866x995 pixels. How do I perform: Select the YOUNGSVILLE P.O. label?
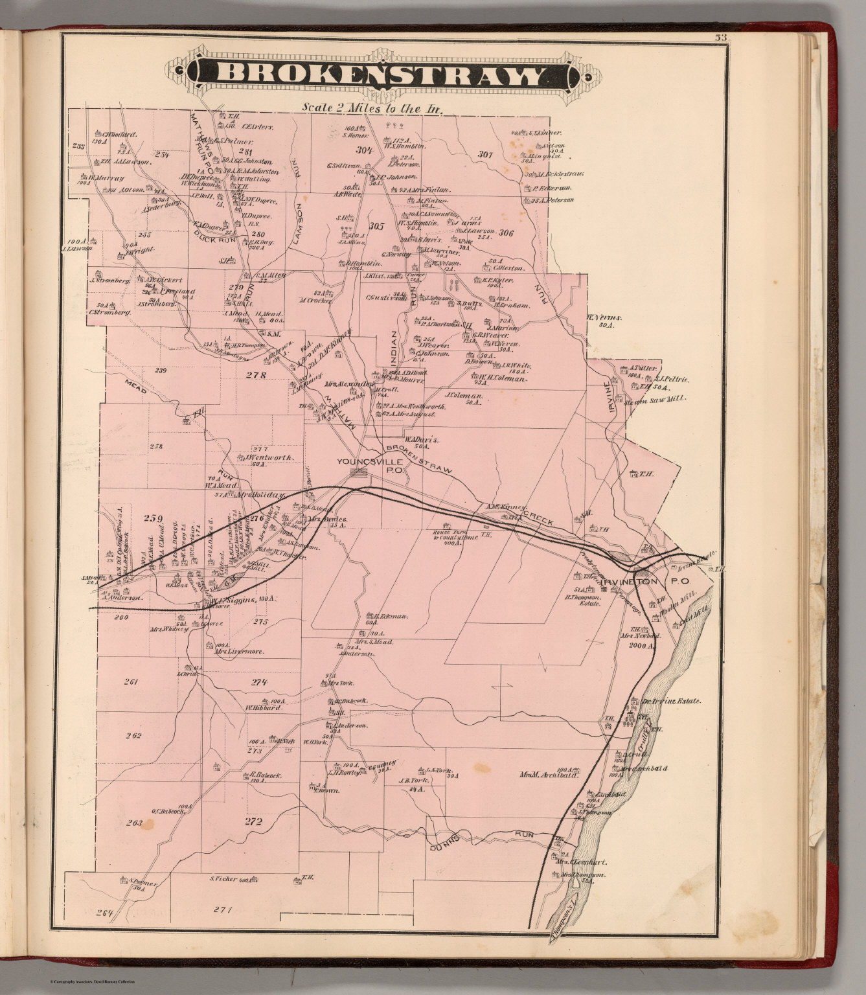370,466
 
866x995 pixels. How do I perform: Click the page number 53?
720,38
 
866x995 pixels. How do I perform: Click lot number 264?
104,913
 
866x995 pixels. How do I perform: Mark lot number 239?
161,371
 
